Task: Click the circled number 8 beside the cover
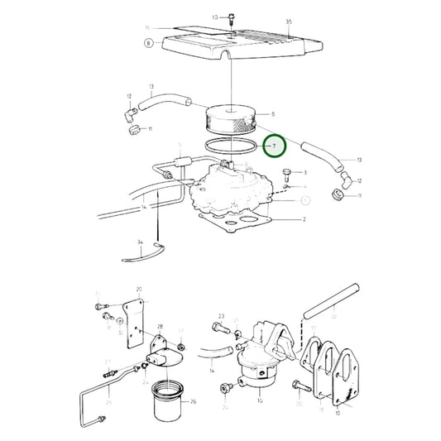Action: (149, 43)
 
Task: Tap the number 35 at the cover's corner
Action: (289, 21)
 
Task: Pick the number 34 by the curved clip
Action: (141, 243)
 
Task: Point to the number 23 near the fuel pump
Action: (222, 317)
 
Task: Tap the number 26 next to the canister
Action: (193, 403)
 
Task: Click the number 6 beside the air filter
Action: (272, 114)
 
